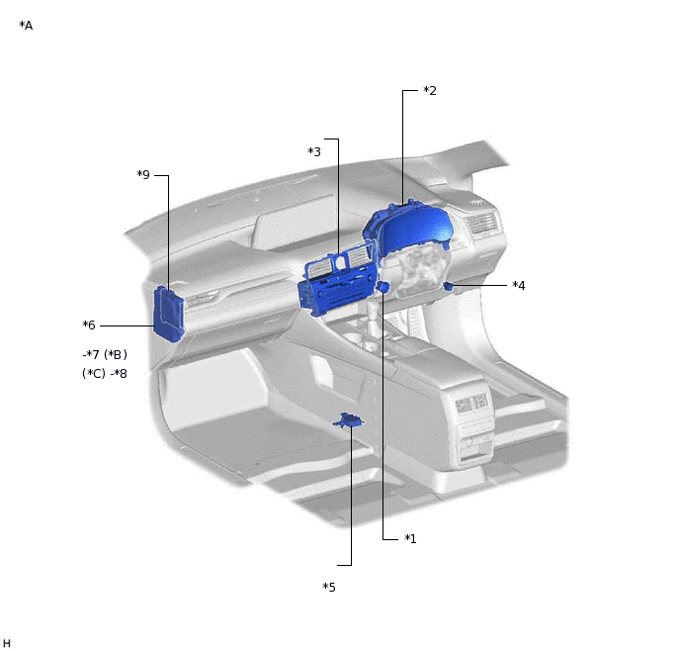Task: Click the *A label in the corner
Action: point(26,26)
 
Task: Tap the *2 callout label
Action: point(430,91)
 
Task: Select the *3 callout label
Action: point(314,152)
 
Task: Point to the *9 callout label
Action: point(143,174)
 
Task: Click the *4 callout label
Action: point(519,286)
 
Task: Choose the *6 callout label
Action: point(89,325)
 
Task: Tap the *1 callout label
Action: point(410,538)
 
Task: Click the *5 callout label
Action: point(329,588)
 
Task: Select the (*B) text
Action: point(116,354)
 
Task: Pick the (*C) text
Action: point(94,374)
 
